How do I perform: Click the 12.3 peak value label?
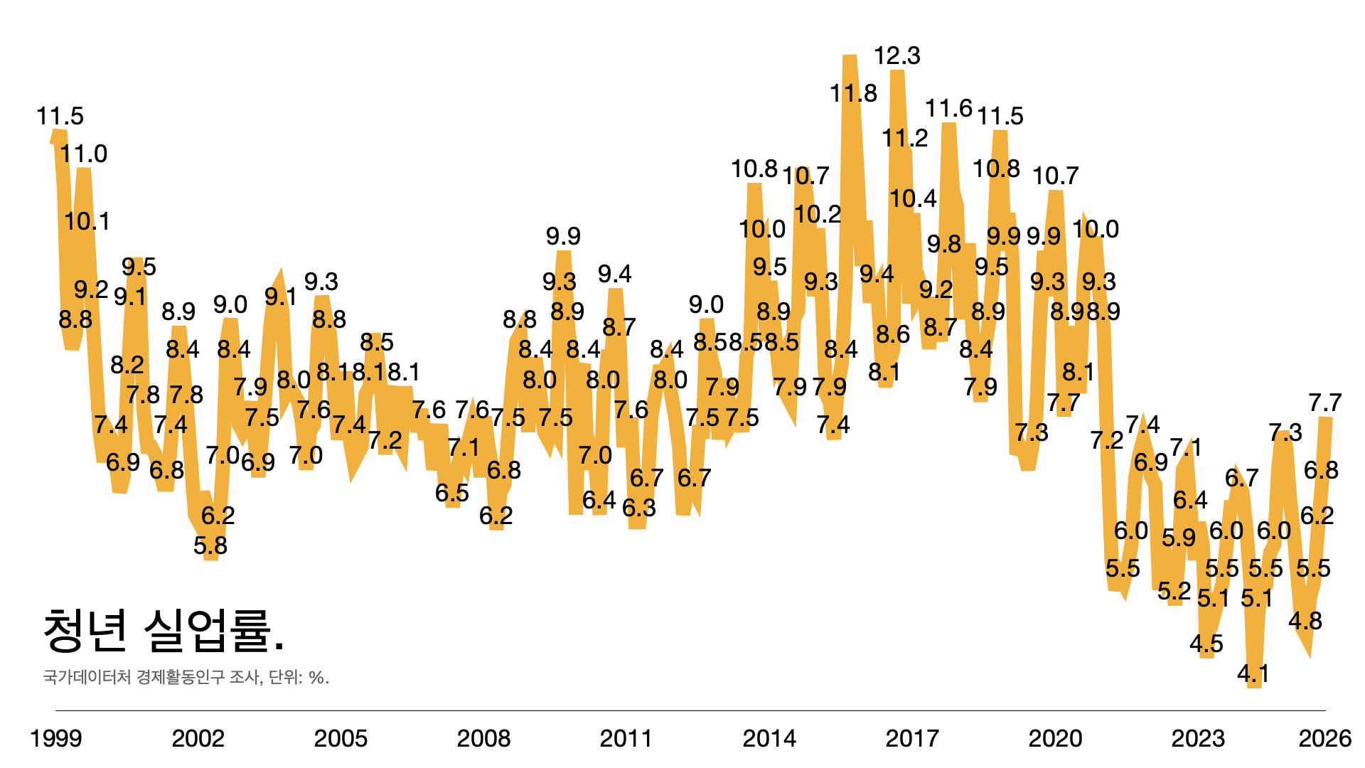pyautogui.click(x=896, y=55)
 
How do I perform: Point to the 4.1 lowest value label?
pyautogui.click(x=1253, y=673)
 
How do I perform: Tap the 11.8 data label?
pyautogui.click(x=853, y=93)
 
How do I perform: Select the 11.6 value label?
pyautogui.click(x=948, y=109)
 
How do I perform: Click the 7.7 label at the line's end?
pyautogui.click(x=1324, y=403)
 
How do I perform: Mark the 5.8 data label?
pyautogui.click(x=210, y=545)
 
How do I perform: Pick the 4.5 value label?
pyautogui.click(x=1206, y=644)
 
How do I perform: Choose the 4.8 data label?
pyautogui.click(x=1305, y=622)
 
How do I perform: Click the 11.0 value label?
pyautogui.click(x=83, y=154)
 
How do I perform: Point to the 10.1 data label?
pyautogui.click(x=87, y=222)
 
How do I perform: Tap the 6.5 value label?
pyautogui.click(x=452, y=493)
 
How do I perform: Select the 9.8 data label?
pyautogui.click(x=943, y=245)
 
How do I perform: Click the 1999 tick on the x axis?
pyautogui.click(x=55, y=738)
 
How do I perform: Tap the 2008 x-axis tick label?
pyautogui.click(x=483, y=738)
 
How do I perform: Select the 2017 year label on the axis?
pyautogui.click(x=912, y=738)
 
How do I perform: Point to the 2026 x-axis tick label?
pyautogui.click(x=1324, y=738)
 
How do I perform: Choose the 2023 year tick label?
pyautogui.click(x=1198, y=738)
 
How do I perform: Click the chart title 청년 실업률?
pyautogui.click(x=164, y=631)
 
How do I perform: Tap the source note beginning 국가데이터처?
pyautogui.click(x=186, y=677)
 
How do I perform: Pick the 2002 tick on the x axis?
pyautogui.click(x=198, y=738)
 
